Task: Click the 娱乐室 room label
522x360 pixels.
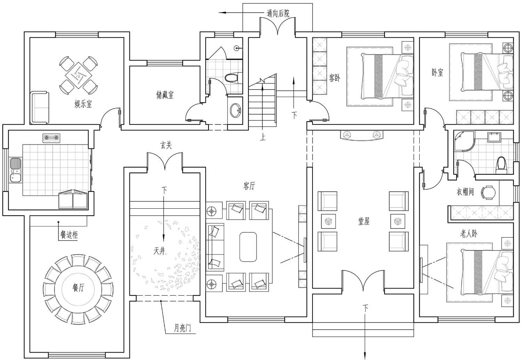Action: (83, 104)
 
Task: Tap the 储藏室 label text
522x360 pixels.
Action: (165, 95)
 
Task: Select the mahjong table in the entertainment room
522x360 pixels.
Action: (79, 75)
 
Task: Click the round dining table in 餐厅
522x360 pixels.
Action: (78, 289)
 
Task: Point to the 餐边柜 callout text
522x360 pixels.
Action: (69, 235)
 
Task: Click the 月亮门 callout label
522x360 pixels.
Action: (182, 328)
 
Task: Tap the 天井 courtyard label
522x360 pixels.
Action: (159, 251)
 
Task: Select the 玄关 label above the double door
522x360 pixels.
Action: (166, 145)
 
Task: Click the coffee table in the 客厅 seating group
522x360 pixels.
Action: (248, 247)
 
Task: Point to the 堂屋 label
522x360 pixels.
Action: (364, 221)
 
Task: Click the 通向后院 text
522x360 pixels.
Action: (278, 14)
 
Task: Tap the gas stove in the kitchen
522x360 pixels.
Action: (51, 138)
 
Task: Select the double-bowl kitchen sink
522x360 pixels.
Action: (16, 170)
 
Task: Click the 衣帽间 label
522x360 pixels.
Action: (465, 192)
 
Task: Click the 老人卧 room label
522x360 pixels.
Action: (469, 233)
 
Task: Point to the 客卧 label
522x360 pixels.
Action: (335, 78)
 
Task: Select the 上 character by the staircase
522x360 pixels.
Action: (263, 137)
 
